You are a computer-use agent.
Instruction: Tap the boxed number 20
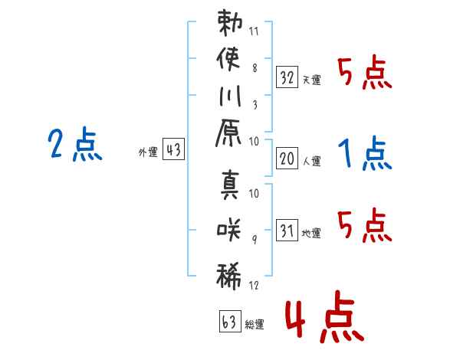287,158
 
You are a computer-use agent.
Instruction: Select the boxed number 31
287,229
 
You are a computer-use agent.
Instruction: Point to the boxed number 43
173,150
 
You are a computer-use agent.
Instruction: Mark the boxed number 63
229,320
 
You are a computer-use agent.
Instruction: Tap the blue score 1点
365,154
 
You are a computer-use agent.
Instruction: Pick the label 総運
255,325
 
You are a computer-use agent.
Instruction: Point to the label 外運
148,152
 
